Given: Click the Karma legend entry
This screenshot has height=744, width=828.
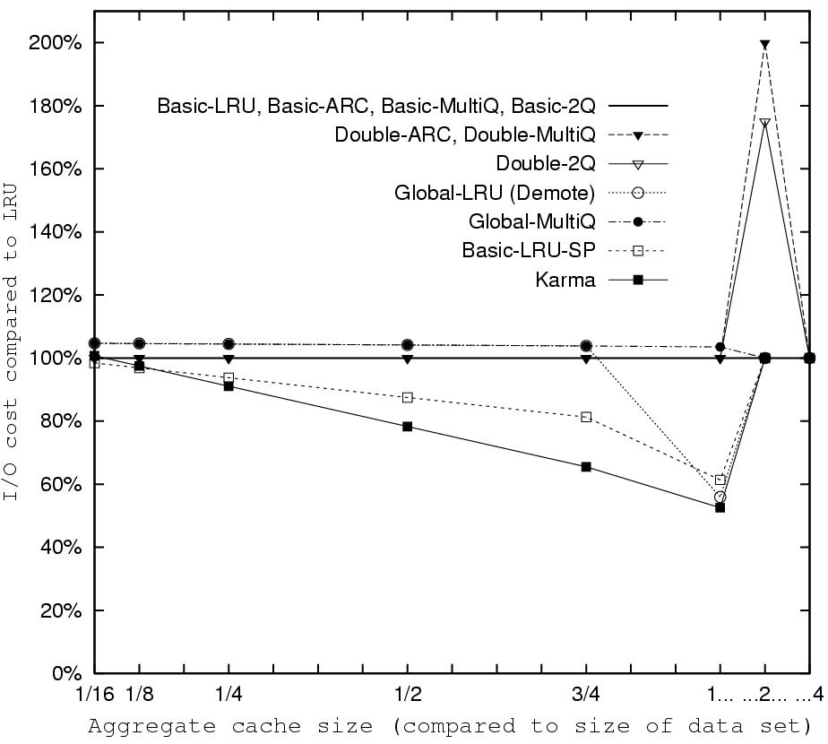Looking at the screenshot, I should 570,281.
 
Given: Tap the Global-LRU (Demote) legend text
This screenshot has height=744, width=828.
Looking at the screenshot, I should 494,193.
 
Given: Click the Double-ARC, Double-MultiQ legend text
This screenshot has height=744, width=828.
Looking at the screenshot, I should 464,135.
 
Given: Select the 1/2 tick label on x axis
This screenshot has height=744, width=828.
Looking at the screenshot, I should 408,694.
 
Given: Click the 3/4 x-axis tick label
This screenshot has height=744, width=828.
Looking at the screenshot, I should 586,694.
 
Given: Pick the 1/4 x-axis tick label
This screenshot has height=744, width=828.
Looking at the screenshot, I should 229,694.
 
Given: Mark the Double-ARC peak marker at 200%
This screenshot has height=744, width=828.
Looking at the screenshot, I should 764,44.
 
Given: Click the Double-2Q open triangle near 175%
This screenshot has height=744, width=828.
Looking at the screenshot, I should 764,123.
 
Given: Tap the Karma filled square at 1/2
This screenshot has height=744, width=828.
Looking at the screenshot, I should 408,427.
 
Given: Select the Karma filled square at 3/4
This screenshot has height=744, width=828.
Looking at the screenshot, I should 586,467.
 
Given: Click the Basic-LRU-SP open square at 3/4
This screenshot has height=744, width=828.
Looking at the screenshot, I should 586,417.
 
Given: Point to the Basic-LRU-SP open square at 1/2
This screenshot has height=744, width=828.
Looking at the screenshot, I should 408,397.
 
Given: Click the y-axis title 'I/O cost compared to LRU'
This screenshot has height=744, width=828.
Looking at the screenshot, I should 13,359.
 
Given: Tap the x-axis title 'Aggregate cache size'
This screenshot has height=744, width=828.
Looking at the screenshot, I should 448,725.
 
